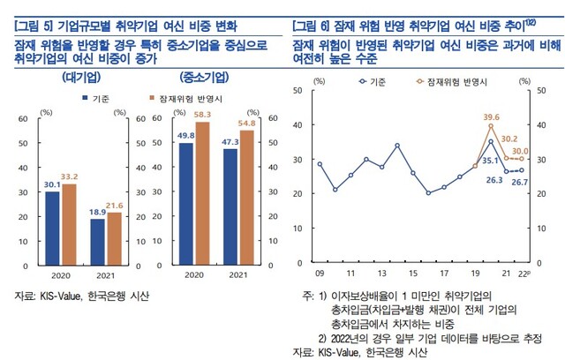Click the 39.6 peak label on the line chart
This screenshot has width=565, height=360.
(492, 116)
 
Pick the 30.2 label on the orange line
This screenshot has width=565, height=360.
(510, 139)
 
